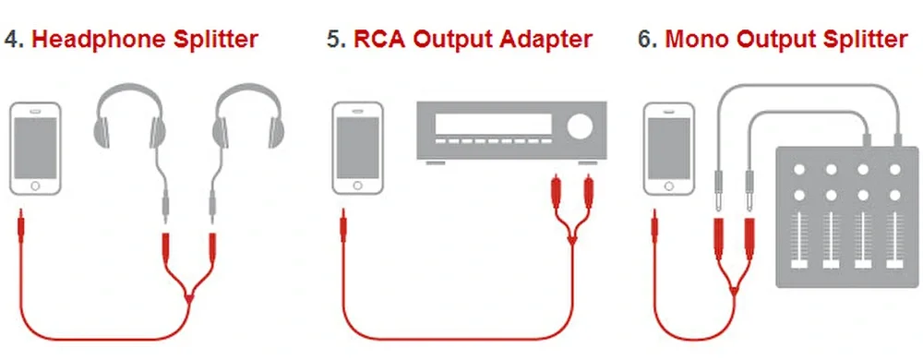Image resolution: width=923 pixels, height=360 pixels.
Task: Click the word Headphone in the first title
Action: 99,40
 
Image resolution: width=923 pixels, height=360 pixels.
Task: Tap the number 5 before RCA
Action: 333,40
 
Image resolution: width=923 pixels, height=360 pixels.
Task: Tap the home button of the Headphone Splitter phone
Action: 35,186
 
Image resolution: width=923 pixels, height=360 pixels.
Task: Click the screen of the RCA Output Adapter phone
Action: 358,147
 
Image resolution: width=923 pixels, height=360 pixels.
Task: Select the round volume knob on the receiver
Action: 581,126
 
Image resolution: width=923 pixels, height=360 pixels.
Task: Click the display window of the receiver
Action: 493,124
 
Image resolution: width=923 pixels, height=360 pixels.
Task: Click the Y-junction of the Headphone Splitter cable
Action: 189,299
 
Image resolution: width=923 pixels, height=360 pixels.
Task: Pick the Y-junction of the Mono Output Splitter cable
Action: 734,290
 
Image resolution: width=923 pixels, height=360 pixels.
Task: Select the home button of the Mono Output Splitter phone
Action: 668,186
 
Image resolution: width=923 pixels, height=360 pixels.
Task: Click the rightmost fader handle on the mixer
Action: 894,263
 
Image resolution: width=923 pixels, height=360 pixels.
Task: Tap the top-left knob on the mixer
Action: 798,170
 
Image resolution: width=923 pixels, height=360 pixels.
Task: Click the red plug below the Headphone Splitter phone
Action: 21,226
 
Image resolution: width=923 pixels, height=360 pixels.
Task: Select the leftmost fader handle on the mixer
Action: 798,263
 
